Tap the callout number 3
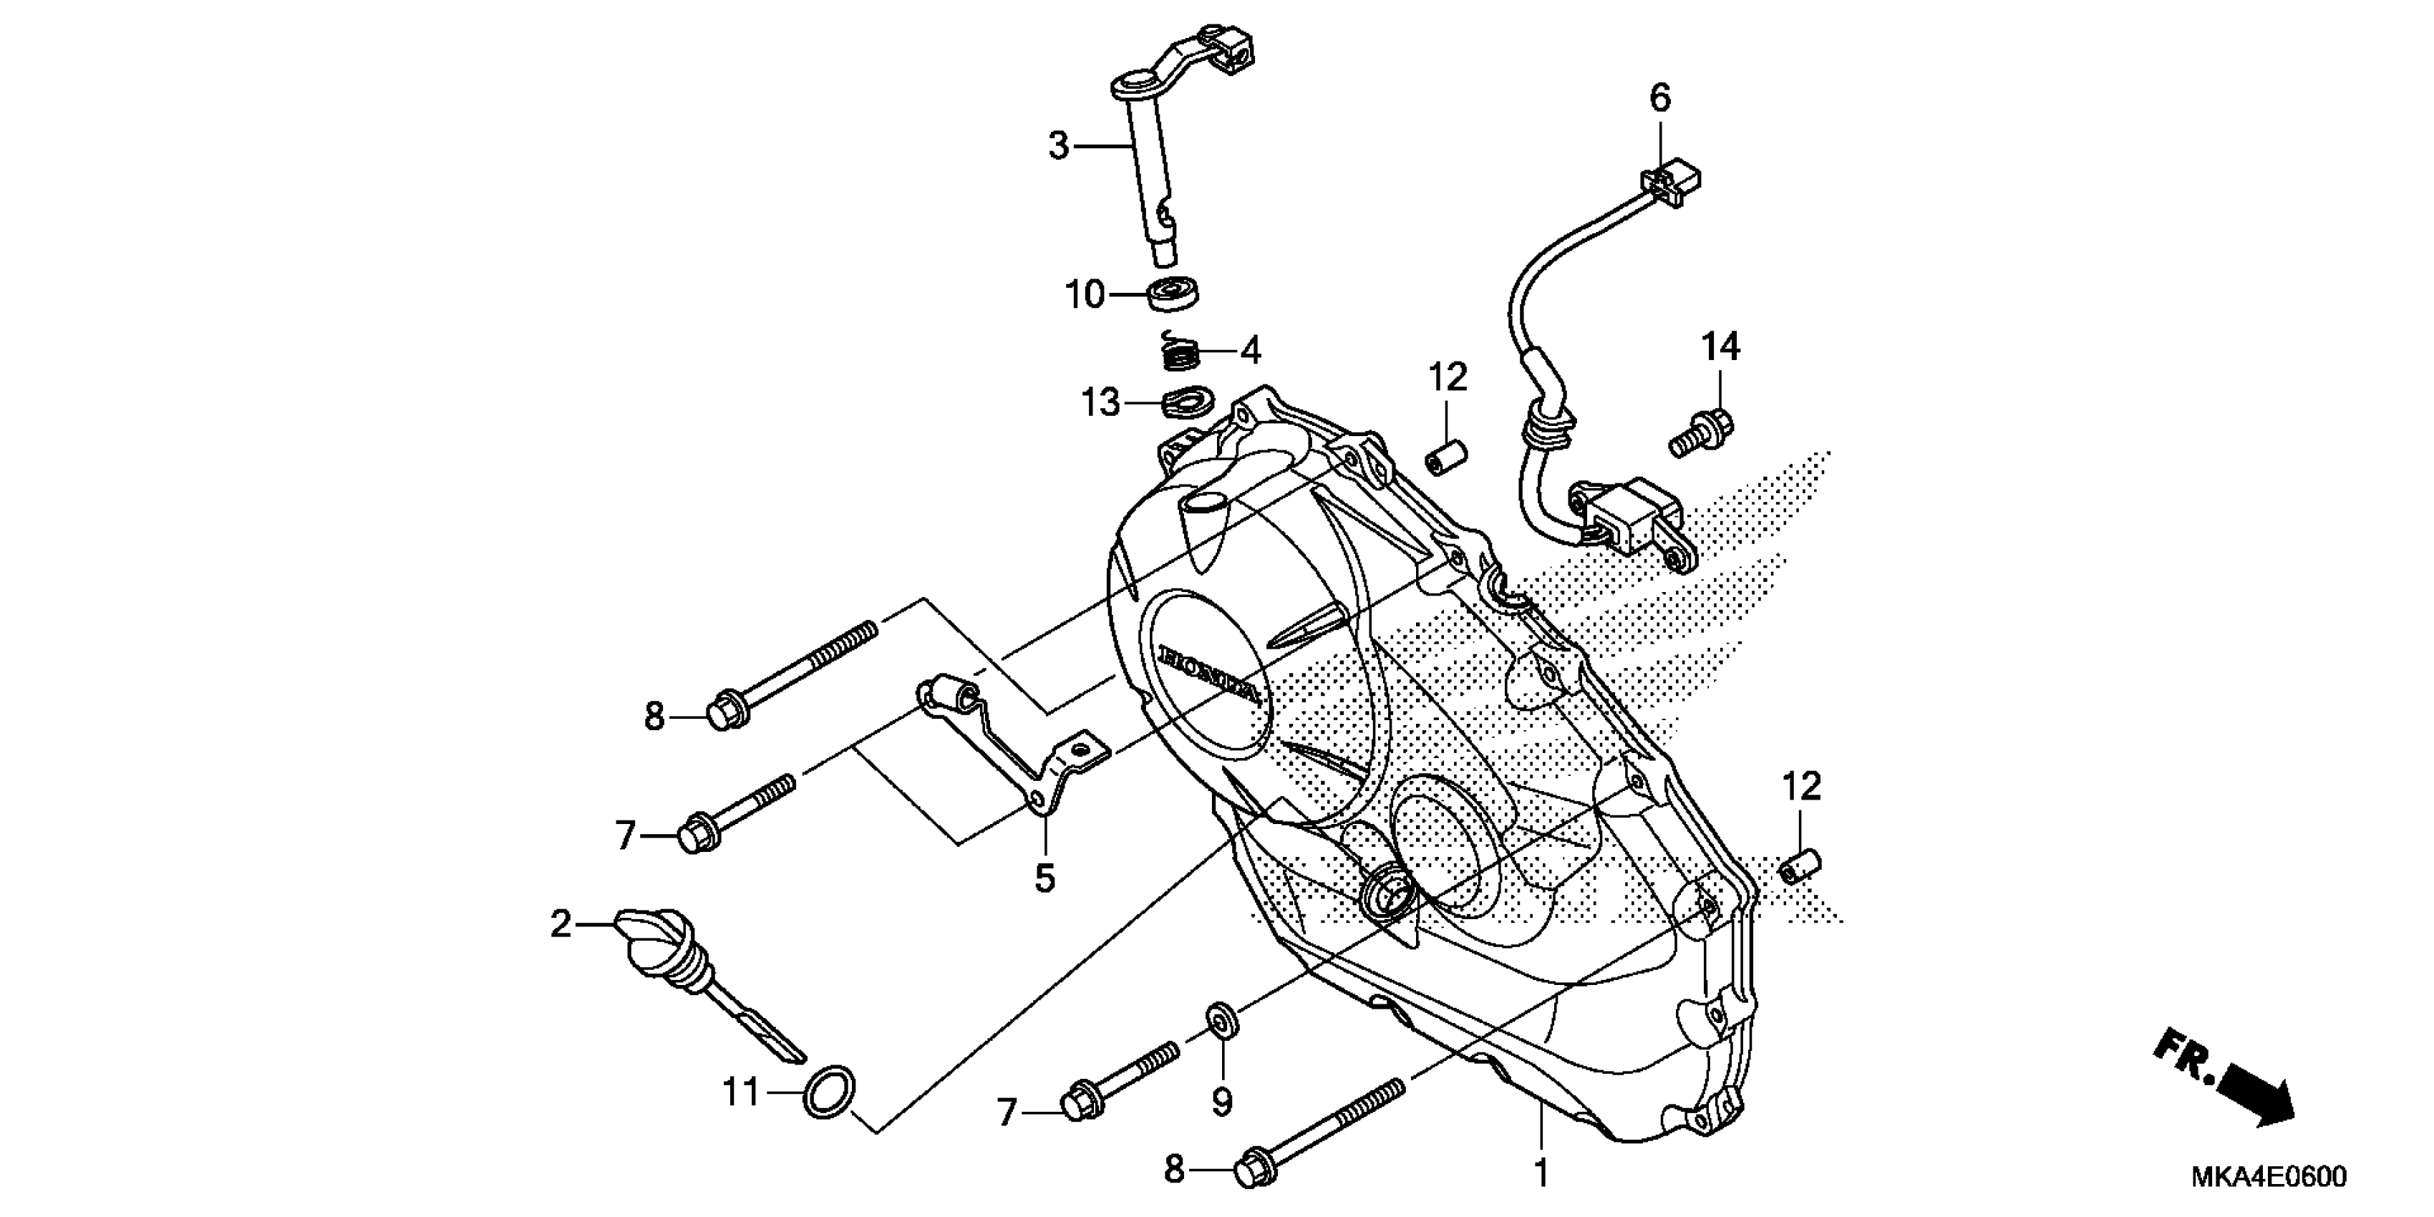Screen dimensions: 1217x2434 (1058, 147)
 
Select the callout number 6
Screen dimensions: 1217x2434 (1660, 97)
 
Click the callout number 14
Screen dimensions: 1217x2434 (1720, 348)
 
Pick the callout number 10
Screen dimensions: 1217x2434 (1085, 295)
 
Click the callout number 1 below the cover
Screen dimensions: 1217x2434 (1541, 1173)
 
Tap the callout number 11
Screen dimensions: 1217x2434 (741, 1093)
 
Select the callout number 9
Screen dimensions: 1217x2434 (1222, 1101)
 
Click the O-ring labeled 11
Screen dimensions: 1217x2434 (830, 1092)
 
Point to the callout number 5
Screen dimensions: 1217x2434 (1044, 878)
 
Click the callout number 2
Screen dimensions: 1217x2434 (561, 923)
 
